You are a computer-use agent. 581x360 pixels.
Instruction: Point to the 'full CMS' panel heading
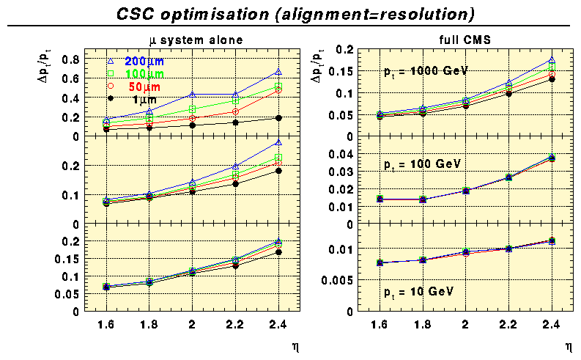point(459,40)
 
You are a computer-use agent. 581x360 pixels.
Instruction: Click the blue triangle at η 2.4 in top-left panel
point(278,71)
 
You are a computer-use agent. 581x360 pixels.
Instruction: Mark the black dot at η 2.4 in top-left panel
point(278,117)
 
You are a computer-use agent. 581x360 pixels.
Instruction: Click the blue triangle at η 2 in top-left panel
point(192,94)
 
